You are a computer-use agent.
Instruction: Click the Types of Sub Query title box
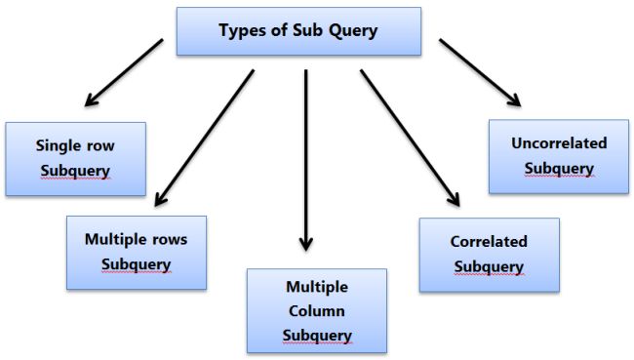pyautogui.click(x=298, y=31)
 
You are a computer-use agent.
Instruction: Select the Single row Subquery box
pyautogui.click(x=75, y=159)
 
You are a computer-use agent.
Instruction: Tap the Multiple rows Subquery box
pyautogui.click(x=136, y=252)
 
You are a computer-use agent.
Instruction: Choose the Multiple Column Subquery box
pyautogui.click(x=317, y=310)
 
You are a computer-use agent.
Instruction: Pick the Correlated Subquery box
pyautogui.click(x=489, y=255)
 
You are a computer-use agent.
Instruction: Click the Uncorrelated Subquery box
pyautogui.click(x=559, y=156)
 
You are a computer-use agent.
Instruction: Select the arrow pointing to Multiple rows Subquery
pyautogui.click(x=204, y=137)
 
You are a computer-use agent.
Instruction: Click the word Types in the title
pyautogui.click(x=240, y=30)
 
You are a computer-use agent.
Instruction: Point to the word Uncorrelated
pyautogui.click(x=559, y=143)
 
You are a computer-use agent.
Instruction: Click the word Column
pyautogui.click(x=317, y=311)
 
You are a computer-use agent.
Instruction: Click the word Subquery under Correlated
pyautogui.click(x=489, y=266)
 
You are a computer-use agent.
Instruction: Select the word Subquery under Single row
pyautogui.click(x=75, y=172)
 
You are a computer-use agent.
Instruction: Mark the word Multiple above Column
pyautogui.click(x=317, y=287)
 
